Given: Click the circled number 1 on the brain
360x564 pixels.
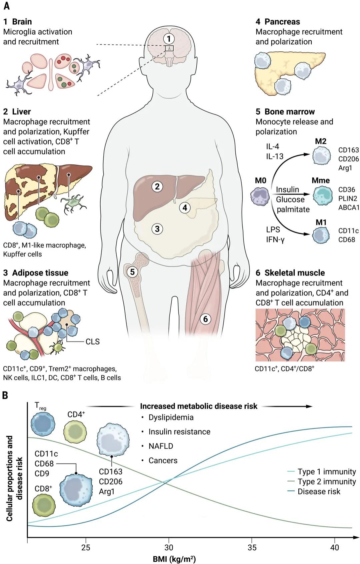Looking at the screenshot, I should [169, 39].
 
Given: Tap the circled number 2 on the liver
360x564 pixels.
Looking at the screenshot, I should [157, 186].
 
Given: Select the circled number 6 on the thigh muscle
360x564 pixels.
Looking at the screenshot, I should [205, 319].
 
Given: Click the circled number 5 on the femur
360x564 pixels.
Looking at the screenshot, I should [132, 272].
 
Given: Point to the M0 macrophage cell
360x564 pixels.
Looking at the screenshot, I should [260, 196].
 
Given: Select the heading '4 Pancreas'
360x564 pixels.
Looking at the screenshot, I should [278, 22].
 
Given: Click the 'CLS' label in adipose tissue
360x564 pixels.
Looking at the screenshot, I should [92, 342].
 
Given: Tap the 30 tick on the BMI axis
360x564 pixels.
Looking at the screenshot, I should [169, 547].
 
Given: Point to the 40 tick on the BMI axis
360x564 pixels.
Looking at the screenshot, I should [335, 547].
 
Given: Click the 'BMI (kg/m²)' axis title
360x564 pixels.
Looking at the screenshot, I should [174, 559].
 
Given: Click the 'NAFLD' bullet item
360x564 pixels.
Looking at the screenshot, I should [161, 446].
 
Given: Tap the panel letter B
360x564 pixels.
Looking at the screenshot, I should [5, 395].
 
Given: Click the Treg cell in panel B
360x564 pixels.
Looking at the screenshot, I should [43, 424].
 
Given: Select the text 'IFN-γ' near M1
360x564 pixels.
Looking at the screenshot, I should [275, 239].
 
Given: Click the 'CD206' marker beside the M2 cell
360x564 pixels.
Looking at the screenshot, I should [348, 159].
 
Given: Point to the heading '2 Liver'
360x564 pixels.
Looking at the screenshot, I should [17, 112].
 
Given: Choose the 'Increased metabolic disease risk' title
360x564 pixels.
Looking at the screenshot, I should [198, 406].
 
